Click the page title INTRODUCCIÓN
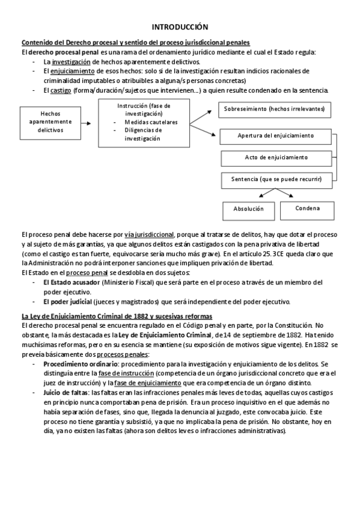[180, 27]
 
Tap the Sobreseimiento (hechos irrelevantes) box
[273, 109]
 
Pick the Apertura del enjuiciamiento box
[276, 136]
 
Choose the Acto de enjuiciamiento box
[276, 158]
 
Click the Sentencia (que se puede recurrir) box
[276, 179]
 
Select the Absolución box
[248, 209]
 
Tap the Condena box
[307, 209]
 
